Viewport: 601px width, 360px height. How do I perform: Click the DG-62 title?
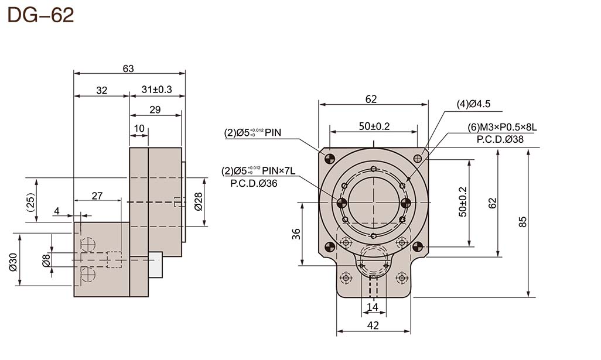coord(40,16)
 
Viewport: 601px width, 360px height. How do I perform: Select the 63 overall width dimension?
coord(128,68)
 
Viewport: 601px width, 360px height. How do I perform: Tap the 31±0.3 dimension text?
coord(156,90)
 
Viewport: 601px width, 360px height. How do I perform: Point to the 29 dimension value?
coord(155,109)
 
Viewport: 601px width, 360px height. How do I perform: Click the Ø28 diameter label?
coord(197,201)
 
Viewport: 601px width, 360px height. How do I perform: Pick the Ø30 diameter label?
coord(13,260)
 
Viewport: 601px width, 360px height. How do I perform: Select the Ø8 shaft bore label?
coord(46,260)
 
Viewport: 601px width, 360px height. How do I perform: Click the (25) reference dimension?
coord(30,201)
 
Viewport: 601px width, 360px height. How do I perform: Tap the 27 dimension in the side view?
coord(97,196)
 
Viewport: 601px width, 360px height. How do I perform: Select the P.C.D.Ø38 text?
coord(496,139)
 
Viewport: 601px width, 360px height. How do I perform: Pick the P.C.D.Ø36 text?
coord(254,183)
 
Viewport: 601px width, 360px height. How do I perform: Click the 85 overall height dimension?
coord(523,222)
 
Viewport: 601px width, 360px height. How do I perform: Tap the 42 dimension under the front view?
coord(373,325)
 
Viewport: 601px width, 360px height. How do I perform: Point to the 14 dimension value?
coord(373,306)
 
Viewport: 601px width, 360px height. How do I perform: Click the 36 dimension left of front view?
coord(296,233)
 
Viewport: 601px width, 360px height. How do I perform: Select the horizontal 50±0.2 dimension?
coord(374,126)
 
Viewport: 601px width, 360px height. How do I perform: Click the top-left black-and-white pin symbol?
coord(329,157)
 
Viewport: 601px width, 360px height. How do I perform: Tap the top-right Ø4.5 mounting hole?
coord(418,158)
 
